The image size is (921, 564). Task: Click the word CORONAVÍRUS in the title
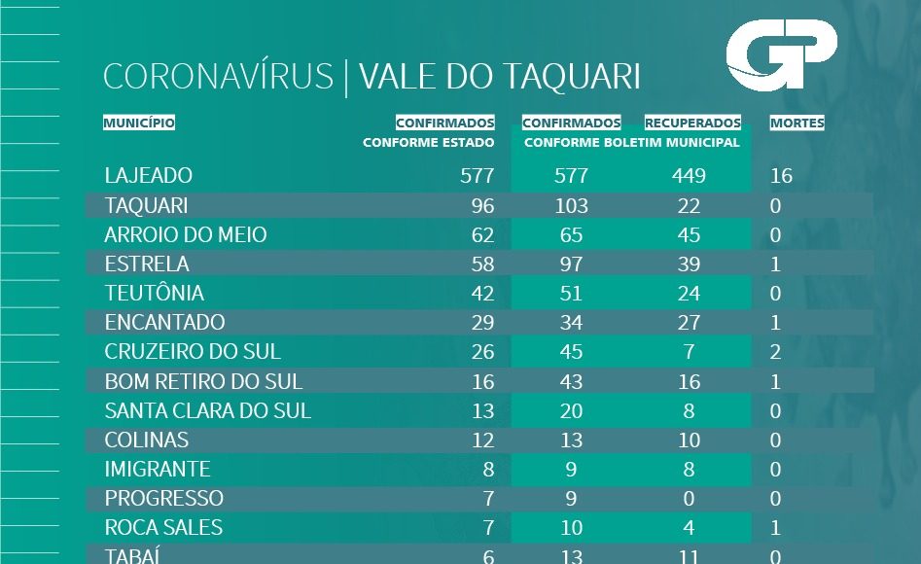(x=218, y=78)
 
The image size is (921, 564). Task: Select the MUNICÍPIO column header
(x=139, y=123)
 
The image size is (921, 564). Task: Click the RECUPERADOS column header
(x=692, y=123)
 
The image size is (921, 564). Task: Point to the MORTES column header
(x=797, y=123)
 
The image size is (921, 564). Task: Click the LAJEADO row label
(x=149, y=176)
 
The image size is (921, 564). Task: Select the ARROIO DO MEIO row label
(x=186, y=235)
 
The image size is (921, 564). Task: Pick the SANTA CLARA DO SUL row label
(x=208, y=411)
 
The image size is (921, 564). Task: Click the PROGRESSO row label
(x=164, y=499)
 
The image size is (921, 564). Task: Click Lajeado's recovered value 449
(x=688, y=176)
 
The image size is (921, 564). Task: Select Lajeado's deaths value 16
(x=781, y=176)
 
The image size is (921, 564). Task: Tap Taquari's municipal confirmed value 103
(x=571, y=206)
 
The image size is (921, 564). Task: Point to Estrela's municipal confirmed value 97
(x=571, y=264)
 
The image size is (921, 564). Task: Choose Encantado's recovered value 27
(x=689, y=323)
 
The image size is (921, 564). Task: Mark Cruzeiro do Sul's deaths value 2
(x=775, y=352)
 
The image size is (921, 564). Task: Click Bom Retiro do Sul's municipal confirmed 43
(x=571, y=382)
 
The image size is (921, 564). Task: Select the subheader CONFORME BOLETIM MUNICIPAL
(x=632, y=143)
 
